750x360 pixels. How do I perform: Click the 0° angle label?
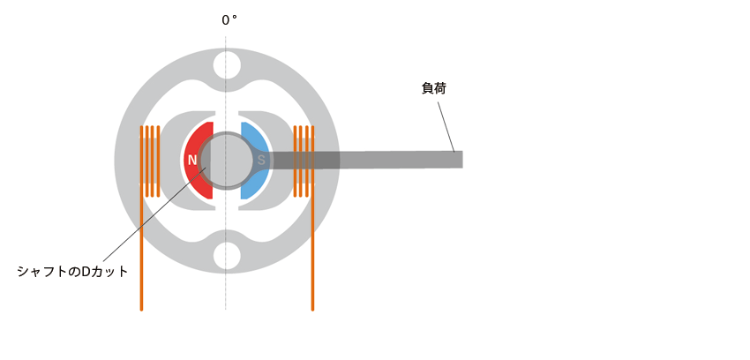229,20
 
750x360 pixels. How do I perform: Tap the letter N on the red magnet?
192,161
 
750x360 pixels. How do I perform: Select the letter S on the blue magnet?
261,161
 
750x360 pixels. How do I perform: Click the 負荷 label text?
434,88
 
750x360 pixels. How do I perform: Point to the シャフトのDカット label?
72,272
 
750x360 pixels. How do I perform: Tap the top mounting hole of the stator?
227,65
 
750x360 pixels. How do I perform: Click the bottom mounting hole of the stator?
227,256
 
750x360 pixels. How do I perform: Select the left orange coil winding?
149,161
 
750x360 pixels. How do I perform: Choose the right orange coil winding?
304,161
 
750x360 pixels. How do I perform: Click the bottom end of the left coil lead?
141,310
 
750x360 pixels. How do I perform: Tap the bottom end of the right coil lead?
313,310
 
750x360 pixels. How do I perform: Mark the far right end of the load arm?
462,160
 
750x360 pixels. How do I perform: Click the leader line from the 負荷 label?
446,127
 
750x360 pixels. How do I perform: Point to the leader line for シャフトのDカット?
154,214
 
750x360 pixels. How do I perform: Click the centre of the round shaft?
227,161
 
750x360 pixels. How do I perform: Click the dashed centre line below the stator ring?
226,292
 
